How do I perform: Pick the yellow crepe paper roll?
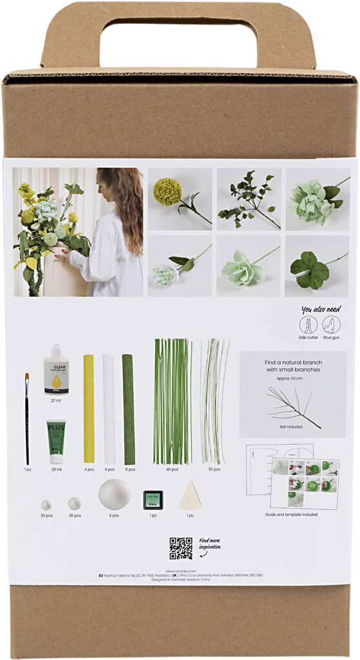pyautogui.click(x=89, y=409)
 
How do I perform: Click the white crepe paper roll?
pyautogui.click(x=109, y=409)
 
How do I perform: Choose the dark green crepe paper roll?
pyautogui.click(x=129, y=409)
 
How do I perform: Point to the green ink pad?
pyautogui.click(x=152, y=499)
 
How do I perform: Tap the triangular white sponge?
pyautogui.click(x=190, y=495)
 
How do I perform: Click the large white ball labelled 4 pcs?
pyautogui.click(x=114, y=495)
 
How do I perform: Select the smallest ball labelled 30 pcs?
pyautogui.click(x=46, y=504)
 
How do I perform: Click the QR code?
pyautogui.click(x=181, y=548)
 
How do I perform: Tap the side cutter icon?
pyautogui.click(x=309, y=324)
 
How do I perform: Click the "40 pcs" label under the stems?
pyautogui.click(x=173, y=469)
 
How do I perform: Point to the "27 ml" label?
pyautogui.click(x=56, y=400)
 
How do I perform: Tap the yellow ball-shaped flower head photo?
pyautogui.click(x=167, y=192)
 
